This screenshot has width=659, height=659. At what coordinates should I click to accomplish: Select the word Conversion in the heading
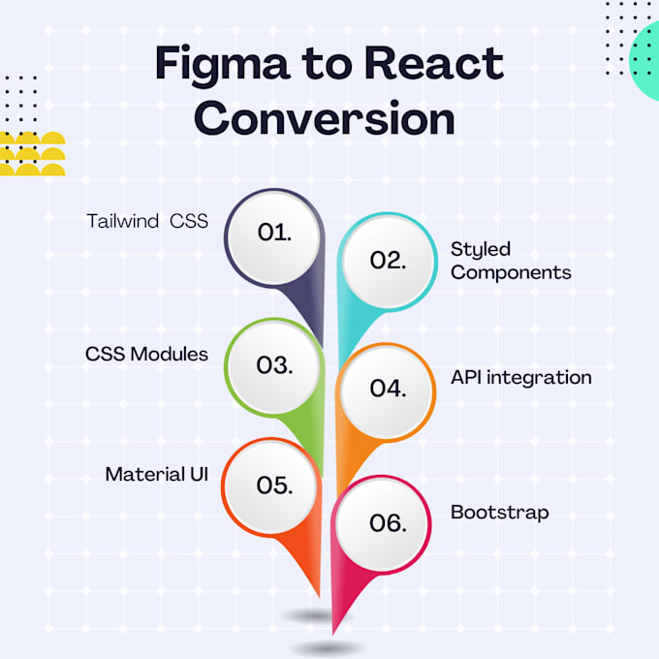click(x=330, y=119)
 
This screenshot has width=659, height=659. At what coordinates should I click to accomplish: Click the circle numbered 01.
click(x=274, y=233)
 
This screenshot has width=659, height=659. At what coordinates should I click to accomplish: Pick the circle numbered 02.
click(x=387, y=261)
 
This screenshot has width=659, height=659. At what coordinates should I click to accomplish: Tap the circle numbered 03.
click(x=274, y=365)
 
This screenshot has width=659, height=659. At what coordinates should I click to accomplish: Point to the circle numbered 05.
click(x=274, y=486)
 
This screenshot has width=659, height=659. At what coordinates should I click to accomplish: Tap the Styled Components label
click(x=510, y=261)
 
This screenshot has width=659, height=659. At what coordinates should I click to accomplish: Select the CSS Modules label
click(x=146, y=354)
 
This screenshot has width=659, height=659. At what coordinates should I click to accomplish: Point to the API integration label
click(x=520, y=377)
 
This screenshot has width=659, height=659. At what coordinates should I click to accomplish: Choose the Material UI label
click(x=156, y=475)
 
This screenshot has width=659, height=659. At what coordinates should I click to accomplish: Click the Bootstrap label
click(x=499, y=512)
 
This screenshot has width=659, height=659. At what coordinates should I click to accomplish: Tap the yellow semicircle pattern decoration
click(x=32, y=154)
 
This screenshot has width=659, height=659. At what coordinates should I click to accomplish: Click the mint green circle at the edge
click(x=645, y=62)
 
